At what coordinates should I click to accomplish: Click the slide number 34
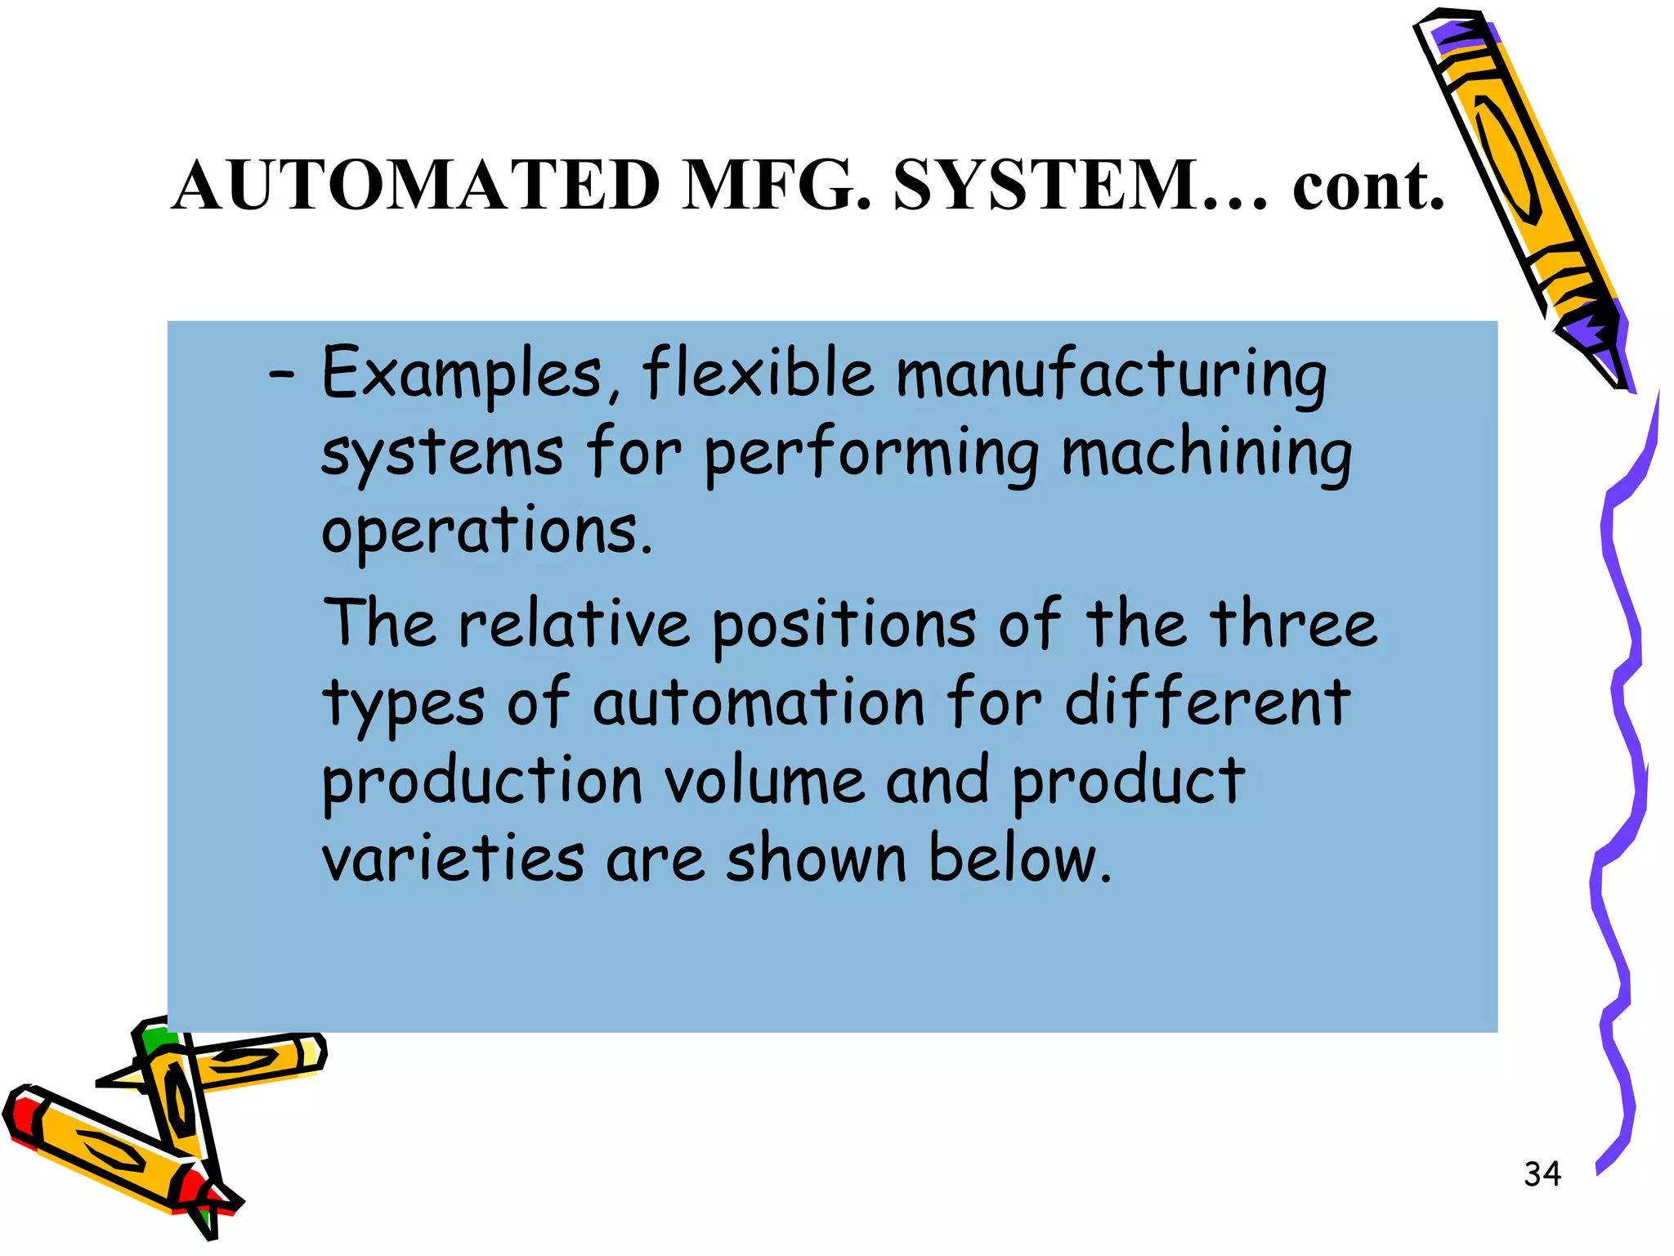coord(1542,1174)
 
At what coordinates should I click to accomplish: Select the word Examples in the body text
coord(463,375)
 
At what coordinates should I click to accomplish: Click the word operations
coord(487,532)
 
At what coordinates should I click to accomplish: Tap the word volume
coord(764,781)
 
